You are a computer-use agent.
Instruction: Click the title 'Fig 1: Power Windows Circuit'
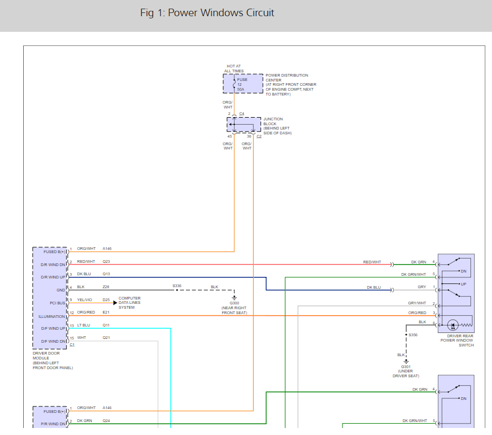(x=207, y=13)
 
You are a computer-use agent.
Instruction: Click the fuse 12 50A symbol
(x=234, y=84)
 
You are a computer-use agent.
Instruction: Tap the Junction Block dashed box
(x=244, y=125)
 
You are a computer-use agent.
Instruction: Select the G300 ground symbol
(x=234, y=297)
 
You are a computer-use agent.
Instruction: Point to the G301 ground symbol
(x=406, y=362)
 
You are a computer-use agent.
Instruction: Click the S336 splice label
(x=177, y=286)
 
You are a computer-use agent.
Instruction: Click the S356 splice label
(x=413, y=335)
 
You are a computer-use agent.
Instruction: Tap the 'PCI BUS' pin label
(x=57, y=303)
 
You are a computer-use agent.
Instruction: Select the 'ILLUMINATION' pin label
(x=52, y=317)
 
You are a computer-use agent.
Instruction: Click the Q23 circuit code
(x=106, y=261)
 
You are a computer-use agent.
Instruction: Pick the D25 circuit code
(x=106, y=300)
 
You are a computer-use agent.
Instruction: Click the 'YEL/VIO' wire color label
(x=85, y=300)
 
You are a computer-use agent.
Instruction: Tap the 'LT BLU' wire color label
(x=84, y=325)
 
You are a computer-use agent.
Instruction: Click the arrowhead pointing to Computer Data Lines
(x=115, y=303)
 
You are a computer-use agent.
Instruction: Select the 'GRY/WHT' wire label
(x=417, y=303)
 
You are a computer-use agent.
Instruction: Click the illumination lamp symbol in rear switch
(x=453, y=325)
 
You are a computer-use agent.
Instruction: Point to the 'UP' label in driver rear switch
(x=463, y=284)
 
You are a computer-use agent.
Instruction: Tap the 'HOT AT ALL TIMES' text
(x=234, y=69)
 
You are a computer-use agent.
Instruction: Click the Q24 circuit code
(x=106, y=420)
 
